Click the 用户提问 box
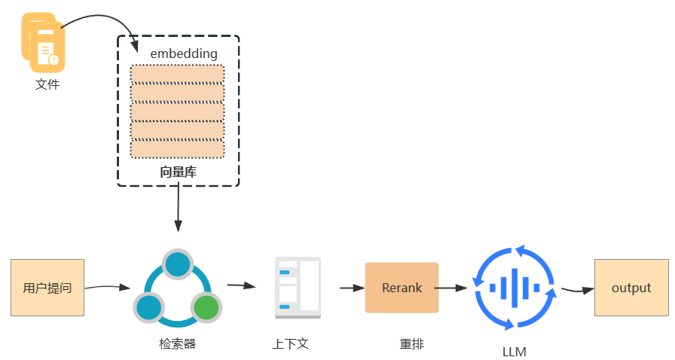click(x=47, y=287)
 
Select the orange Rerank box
click(x=402, y=287)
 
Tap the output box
click(x=631, y=288)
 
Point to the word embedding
click(x=184, y=53)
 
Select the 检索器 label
click(x=178, y=344)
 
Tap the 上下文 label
click(x=291, y=344)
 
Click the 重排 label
click(x=411, y=344)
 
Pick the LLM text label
click(x=515, y=352)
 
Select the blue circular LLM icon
click(x=515, y=287)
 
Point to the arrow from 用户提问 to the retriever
click(x=108, y=287)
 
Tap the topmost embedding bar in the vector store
click(x=178, y=74)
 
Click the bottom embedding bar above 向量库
click(x=178, y=149)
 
